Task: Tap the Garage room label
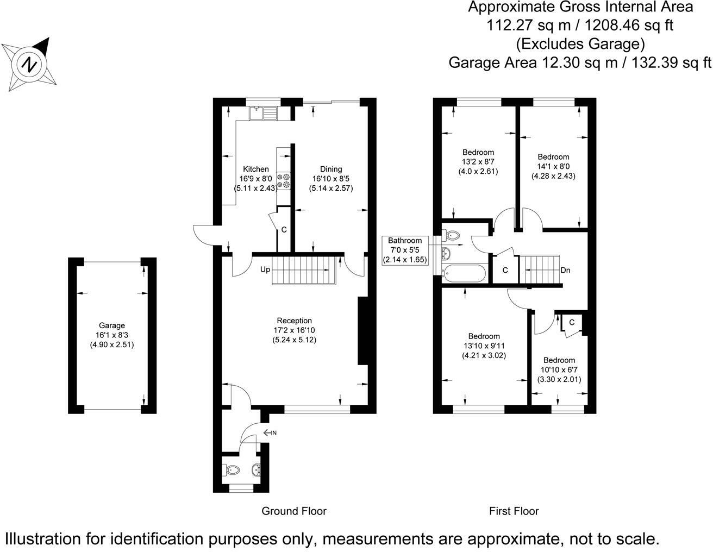tap(111, 325)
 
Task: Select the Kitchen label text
tap(255, 169)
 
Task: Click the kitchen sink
tap(264, 113)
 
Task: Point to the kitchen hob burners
tap(283, 180)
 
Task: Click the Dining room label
tap(330, 169)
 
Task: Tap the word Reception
tap(294, 321)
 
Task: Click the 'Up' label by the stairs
tap(265, 269)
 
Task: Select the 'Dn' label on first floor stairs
tap(565, 270)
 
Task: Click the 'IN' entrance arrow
tap(270, 433)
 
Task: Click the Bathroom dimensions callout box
tap(405, 250)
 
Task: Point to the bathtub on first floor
tap(464, 273)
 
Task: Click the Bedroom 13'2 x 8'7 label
tap(478, 152)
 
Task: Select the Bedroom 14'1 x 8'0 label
tap(553, 157)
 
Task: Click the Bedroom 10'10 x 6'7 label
tap(559, 360)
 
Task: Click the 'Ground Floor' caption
tap(294, 511)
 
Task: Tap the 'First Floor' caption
tap(514, 511)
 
